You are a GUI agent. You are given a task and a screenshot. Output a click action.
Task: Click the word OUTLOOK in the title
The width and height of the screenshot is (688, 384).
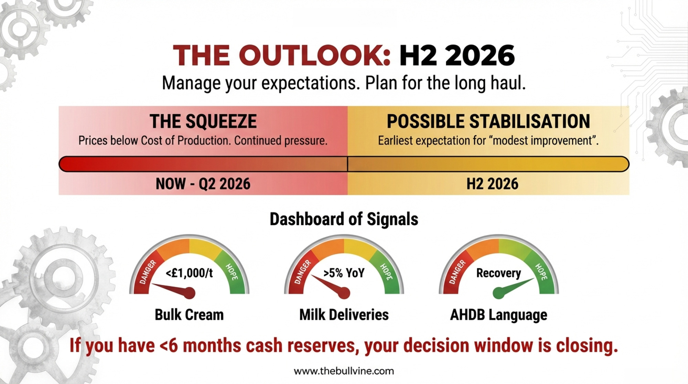(x=315, y=55)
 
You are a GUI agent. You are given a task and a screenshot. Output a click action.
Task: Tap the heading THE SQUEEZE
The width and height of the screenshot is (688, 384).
(x=203, y=121)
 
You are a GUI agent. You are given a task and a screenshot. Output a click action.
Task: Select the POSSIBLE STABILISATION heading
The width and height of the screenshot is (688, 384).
(x=488, y=121)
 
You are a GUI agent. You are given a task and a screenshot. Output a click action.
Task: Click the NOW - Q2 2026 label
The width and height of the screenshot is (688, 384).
(x=203, y=184)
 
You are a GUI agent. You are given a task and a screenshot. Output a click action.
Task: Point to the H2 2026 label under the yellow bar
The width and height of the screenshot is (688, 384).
(x=492, y=184)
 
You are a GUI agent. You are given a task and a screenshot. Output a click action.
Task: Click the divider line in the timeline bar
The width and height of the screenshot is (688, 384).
(x=347, y=164)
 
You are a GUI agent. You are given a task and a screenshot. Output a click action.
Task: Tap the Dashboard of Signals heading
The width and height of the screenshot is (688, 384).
(x=344, y=219)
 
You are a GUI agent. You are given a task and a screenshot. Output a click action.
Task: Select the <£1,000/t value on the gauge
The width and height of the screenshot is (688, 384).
(x=189, y=273)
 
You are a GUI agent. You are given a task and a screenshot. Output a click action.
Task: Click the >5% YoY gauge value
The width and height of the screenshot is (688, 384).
(x=344, y=273)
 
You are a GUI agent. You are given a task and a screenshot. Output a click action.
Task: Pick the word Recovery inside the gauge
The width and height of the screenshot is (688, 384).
(x=498, y=273)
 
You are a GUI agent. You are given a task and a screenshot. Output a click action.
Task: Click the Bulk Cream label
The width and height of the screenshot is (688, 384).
(x=189, y=315)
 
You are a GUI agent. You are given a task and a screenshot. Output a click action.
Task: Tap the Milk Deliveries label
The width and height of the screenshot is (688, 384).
(x=344, y=315)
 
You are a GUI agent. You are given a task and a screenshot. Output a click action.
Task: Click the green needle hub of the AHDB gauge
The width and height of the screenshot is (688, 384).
(x=498, y=293)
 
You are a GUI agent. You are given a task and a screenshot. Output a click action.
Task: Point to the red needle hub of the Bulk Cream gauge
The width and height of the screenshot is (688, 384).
(x=190, y=293)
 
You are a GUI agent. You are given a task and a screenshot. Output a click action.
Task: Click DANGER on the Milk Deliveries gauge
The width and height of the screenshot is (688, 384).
(x=302, y=272)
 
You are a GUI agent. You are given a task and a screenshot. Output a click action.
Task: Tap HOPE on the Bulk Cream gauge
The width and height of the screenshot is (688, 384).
(x=232, y=272)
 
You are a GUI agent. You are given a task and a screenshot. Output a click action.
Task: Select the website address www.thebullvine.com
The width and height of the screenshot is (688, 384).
(x=344, y=371)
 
